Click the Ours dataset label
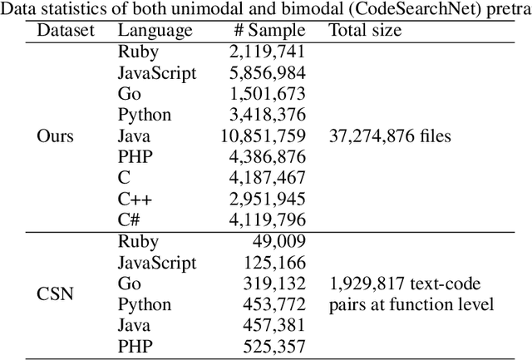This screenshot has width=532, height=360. pyautogui.click(x=56, y=136)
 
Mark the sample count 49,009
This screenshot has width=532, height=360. pyautogui.click(x=277, y=242)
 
